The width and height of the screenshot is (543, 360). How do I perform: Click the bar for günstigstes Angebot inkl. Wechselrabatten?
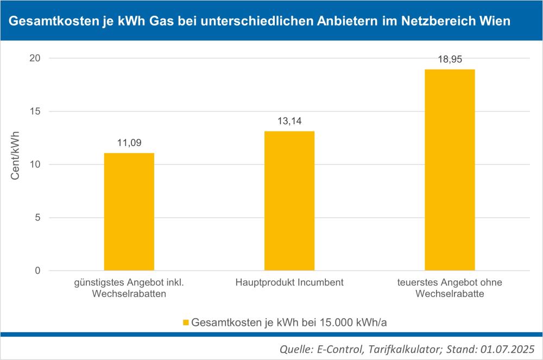pyautogui.click(x=129, y=212)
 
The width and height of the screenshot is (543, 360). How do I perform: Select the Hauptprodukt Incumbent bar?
pyautogui.click(x=289, y=201)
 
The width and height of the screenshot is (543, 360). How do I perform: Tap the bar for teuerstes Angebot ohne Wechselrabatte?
pyautogui.click(x=450, y=169)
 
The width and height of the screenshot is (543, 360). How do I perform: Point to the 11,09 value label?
pyautogui.click(x=129, y=144)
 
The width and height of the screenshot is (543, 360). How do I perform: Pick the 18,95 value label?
pyautogui.click(x=450, y=60)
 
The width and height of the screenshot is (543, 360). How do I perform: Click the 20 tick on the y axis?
pyautogui.click(x=36, y=58)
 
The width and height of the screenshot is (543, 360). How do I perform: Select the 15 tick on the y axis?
pyautogui.click(x=36, y=111)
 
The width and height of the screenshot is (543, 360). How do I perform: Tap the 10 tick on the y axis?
pyautogui.click(x=36, y=165)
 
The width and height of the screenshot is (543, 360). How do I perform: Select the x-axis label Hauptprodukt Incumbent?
pyautogui.click(x=289, y=283)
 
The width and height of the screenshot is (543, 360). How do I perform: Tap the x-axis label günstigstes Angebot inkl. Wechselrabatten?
pyautogui.click(x=129, y=288)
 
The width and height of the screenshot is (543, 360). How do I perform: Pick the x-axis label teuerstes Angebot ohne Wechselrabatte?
pyautogui.click(x=450, y=288)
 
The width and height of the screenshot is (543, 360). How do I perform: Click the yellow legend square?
pyautogui.click(x=185, y=323)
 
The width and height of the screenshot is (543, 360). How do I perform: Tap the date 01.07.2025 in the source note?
pyautogui.click(x=510, y=348)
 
